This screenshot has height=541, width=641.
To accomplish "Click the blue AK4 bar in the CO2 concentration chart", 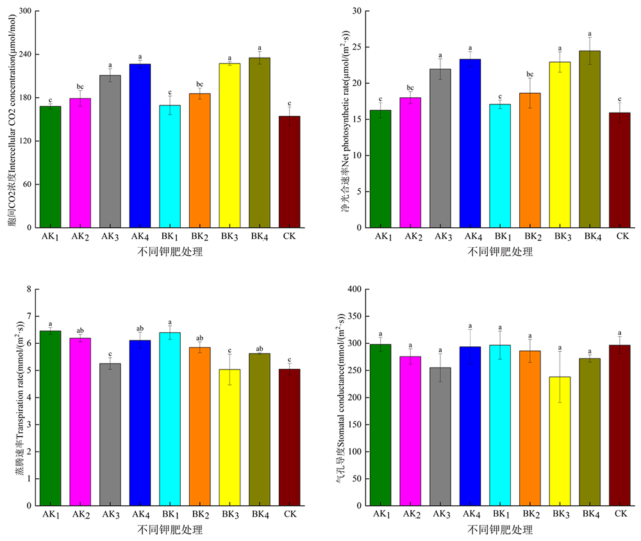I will [x=140, y=146].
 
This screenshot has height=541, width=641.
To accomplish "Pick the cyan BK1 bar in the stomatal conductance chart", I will [x=500, y=425].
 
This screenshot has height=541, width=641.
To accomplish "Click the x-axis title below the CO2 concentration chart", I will [x=170, y=252].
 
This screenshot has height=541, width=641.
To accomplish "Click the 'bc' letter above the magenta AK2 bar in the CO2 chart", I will [x=81, y=86].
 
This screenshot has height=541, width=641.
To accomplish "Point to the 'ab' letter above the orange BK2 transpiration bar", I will [x=199, y=338].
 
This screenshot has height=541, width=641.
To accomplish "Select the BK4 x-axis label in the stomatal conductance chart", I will [x=590, y=515].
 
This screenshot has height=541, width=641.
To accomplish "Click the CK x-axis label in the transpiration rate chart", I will [x=289, y=515].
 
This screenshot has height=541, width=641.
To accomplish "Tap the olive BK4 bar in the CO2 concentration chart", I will [x=259, y=143].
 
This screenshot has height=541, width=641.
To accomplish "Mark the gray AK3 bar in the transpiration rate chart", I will [x=110, y=435].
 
